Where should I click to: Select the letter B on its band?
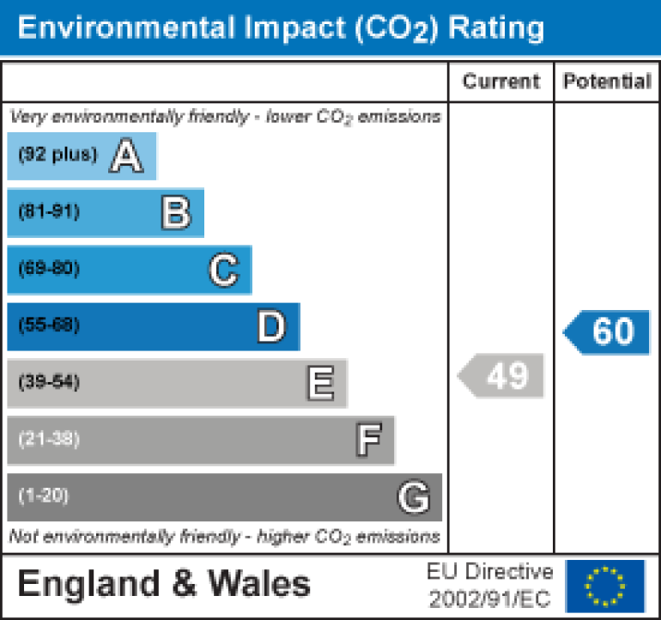point(175,212)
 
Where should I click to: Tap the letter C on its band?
point(223,270)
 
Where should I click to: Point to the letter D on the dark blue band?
point(271,327)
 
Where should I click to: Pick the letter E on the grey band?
point(320,384)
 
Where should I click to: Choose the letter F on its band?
point(368,441)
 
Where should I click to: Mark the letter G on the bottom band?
point(413,497)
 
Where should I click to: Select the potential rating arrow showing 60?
point(608,331)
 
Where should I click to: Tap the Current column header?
point(501,82)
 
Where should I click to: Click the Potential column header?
point(607,82)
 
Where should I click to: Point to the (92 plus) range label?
point(58,155)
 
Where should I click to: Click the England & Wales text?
point(163,585)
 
